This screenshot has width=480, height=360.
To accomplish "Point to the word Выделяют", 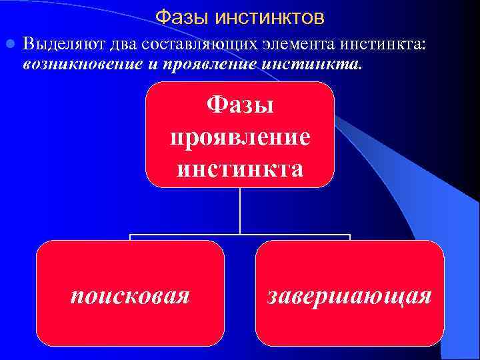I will pyautogui.click(x=54, y=45).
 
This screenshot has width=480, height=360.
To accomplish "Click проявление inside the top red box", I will pyautogui.click(x=240, y=137).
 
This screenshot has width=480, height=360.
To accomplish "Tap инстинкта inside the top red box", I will pyautogui.click(x=240, y=167).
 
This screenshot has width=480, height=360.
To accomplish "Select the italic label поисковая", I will pyautogui.click(x=130, y=294).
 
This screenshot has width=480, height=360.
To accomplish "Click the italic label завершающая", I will pyautogui.click(x=349, y=294).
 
